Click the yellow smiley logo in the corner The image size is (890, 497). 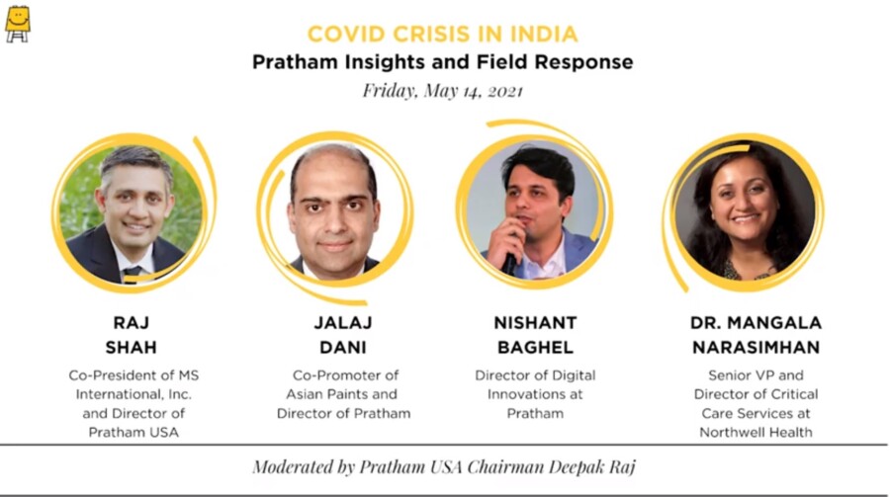18,24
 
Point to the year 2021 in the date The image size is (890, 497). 504,91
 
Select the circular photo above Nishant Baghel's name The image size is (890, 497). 535,210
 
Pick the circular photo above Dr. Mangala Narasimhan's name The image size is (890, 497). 744,210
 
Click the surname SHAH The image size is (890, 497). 132,347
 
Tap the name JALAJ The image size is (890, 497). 343,323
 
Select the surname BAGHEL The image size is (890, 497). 535,347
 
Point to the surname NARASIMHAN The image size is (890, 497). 756,347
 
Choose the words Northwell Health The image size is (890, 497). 756,433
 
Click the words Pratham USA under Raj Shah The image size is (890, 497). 133,433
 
